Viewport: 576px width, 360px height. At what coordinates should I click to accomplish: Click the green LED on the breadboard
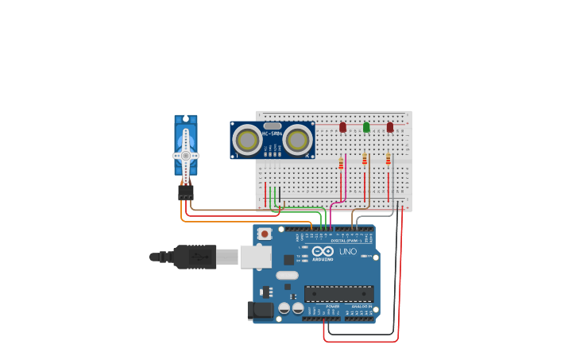tap(366, 127)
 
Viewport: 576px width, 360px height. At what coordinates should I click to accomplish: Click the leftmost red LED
tap(342, 127)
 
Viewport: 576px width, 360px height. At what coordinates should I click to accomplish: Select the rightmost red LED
tap(389, 127)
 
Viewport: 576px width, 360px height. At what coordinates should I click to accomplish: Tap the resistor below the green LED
tap(365, 160)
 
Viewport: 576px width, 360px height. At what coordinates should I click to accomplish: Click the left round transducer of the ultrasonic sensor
tap(246, 141)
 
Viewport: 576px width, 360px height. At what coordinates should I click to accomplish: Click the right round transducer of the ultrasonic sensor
tap(298, 141)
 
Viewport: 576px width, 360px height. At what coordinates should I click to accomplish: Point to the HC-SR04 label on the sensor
tap(272, 134)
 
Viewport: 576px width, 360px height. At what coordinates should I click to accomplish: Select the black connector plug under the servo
tap(186, 192)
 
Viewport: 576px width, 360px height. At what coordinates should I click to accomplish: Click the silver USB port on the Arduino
tap(256, 256)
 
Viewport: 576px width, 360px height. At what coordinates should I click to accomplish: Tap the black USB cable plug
tap(194, 257)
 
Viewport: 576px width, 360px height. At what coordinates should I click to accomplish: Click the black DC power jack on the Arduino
tap(260, 311)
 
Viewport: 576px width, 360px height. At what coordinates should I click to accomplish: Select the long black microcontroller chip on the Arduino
tap(338, 294)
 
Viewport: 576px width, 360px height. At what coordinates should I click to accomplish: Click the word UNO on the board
tap(348, 252)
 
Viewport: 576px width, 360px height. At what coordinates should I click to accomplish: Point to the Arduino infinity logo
tap(323, 252)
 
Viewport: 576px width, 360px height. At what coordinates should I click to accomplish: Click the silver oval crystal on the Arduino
tap(287, 276)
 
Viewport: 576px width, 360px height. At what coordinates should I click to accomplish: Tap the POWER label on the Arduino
tap(333, 306)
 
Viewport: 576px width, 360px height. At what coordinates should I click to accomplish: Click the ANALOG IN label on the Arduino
tap(361, 306)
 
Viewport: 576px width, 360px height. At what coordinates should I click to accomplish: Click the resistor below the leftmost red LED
tap(341, 164)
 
